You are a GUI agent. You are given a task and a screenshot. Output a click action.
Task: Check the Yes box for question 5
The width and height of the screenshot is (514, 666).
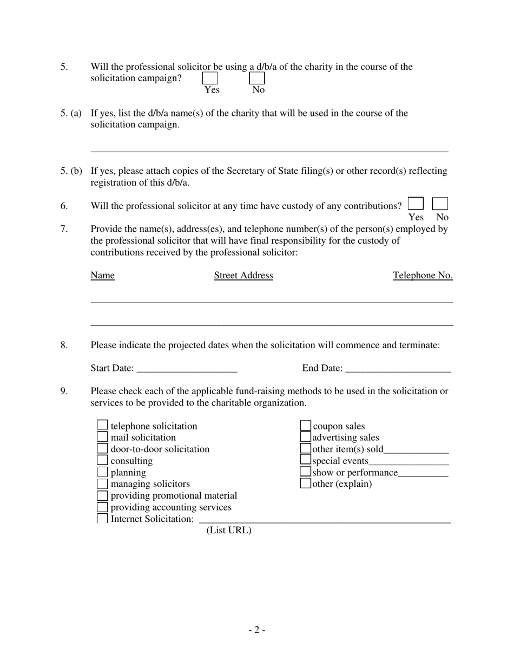210,79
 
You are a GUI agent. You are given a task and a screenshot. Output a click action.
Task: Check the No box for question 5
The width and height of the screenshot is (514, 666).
257,79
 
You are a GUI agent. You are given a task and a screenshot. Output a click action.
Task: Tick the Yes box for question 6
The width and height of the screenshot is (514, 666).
416,204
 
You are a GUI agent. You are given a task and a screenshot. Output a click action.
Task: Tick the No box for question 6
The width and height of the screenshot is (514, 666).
440,204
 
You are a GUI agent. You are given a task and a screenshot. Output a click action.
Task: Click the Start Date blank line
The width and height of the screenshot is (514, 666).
187,368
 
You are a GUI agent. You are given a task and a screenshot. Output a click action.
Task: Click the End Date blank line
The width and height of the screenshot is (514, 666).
398,368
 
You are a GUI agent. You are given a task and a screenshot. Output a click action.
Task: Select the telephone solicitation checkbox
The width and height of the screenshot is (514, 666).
102,426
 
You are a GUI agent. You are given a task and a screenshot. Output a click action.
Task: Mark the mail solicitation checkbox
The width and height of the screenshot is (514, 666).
102,438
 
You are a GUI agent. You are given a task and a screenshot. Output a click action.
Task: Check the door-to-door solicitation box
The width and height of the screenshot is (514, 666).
102,449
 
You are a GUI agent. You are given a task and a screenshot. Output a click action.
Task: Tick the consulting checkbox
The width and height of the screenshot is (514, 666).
102,461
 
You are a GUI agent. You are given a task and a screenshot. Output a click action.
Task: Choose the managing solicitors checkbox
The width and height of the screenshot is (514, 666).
102,484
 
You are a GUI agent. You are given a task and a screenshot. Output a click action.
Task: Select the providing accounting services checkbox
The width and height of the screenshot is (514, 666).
102,507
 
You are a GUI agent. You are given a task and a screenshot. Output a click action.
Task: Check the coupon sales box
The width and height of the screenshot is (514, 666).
306,426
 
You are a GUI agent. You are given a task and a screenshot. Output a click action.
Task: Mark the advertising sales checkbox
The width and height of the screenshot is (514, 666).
306,438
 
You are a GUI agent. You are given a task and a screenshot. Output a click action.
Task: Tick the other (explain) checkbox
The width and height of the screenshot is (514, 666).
306,484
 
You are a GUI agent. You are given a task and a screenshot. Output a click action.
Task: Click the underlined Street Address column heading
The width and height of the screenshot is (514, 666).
243,276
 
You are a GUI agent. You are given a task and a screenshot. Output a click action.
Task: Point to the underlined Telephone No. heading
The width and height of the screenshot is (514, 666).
423,276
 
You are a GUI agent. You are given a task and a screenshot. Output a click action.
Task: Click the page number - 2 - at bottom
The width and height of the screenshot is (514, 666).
257,630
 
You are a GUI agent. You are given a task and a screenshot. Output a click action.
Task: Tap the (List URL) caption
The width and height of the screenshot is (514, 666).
229,531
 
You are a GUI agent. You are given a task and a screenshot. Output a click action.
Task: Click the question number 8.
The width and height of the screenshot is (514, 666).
64,345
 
